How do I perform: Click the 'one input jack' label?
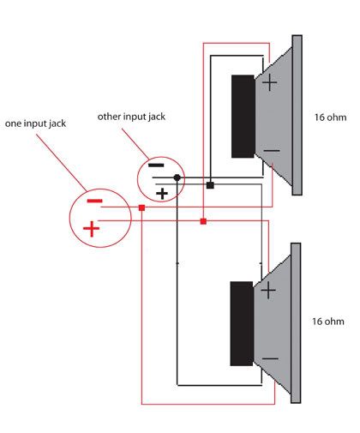(x=35, y=123)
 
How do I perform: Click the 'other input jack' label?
(x=131, y=117)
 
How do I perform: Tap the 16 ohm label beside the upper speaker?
(x=330, y=117)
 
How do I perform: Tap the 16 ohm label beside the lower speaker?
(x=328, y=322)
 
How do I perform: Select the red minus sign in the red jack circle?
(x=94, y=201)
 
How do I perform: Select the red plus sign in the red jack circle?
(x=91, y=229)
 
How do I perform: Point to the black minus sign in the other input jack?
(x=156, y=165)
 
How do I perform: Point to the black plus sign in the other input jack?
(x=162, y=194)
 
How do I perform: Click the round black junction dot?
(x=177, y=177)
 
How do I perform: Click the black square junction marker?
(x=210, y=185)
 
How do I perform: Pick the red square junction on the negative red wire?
(x=141, y=207)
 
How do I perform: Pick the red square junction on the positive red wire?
(x=203, y=221)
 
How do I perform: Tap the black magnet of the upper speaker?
(x=243, y=117)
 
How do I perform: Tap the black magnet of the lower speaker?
(x=242, y=323)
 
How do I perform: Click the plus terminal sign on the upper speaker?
(x=270, y=83)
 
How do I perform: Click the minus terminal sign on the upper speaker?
(x=272, y=151)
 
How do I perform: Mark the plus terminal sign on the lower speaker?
(x=268, y=291)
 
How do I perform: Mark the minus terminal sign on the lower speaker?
(x=270, y=358)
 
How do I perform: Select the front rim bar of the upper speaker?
(x=297, y=115)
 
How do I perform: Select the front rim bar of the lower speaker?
(x=296, y=323)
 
